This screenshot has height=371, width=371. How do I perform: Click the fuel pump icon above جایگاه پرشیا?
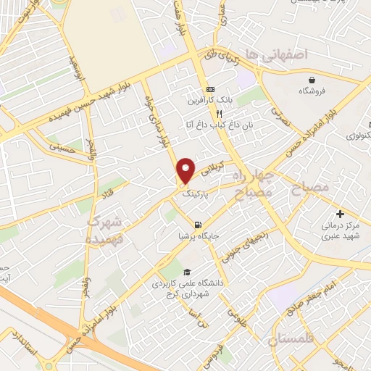(x=199, y=224)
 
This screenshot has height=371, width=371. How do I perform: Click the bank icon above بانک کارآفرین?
(x=210, y=88)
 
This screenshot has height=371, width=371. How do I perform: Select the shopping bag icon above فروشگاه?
(x=312, y=80)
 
